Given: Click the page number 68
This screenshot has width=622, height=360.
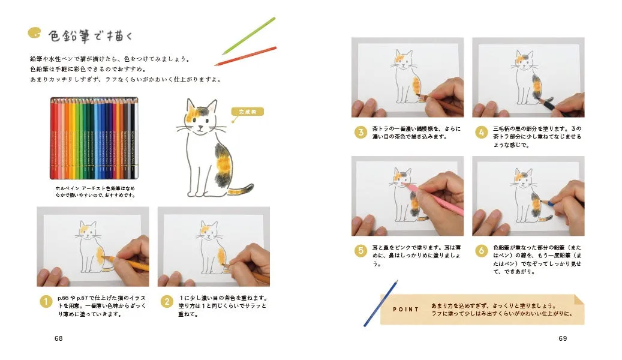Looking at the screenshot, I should (58, 338).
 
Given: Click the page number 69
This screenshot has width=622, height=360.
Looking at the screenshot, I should (562, 338).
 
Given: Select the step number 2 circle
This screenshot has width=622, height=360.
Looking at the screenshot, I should (167, 302).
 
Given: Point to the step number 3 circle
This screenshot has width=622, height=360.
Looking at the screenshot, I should (360, 132).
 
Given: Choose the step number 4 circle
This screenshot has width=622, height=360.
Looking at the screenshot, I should (481, 132).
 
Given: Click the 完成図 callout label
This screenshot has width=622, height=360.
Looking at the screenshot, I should (247, 111).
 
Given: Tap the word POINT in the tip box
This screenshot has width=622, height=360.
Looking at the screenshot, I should (405, 310).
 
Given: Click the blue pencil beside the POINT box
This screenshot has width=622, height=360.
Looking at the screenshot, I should (380, 303).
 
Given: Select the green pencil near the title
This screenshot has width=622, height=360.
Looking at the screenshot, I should (248, 35).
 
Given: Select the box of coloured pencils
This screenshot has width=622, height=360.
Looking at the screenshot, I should (94, 138).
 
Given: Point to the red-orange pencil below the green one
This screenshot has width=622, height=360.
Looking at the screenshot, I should (246, 56).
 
